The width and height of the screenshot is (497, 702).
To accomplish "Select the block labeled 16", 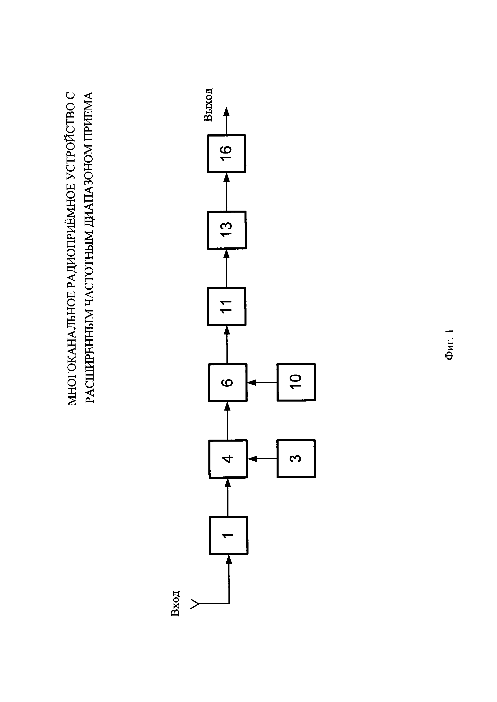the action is [226, 154].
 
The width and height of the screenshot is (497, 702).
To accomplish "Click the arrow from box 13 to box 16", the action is [227, 192].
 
